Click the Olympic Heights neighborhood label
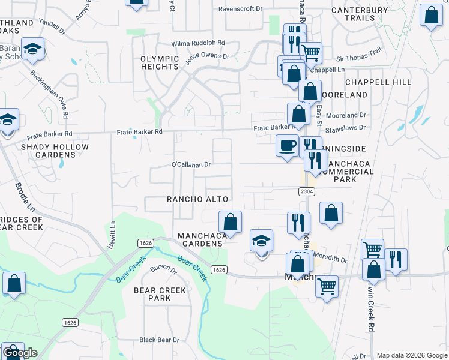(x=160, y=62)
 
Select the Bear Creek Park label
(x=160, y=294)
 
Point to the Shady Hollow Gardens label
(x=55, y=151)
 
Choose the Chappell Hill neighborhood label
(x=378, y=82)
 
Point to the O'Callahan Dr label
(x=191, y=164)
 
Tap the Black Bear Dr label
(x=159, y=340)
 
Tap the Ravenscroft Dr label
(x=241, y=9)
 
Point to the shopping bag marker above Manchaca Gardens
(x=230, y=222)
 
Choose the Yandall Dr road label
(x=50, y=26)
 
